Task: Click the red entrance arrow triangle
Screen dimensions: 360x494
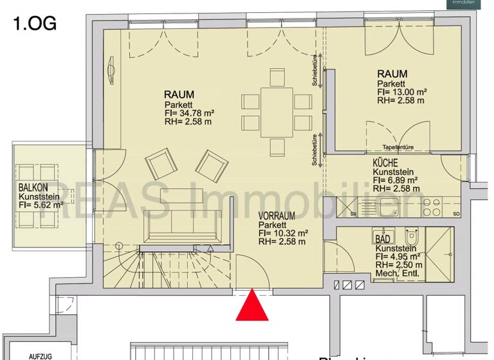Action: point(252,307)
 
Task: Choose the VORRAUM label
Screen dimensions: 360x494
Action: point(279,217)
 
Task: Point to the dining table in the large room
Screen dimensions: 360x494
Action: point(277,113)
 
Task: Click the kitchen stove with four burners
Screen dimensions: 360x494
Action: point(432,207)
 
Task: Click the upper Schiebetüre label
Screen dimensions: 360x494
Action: point(315,70)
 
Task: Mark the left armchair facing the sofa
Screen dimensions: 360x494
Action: point(161,164)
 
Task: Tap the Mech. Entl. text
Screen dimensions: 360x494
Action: point(398,273)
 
